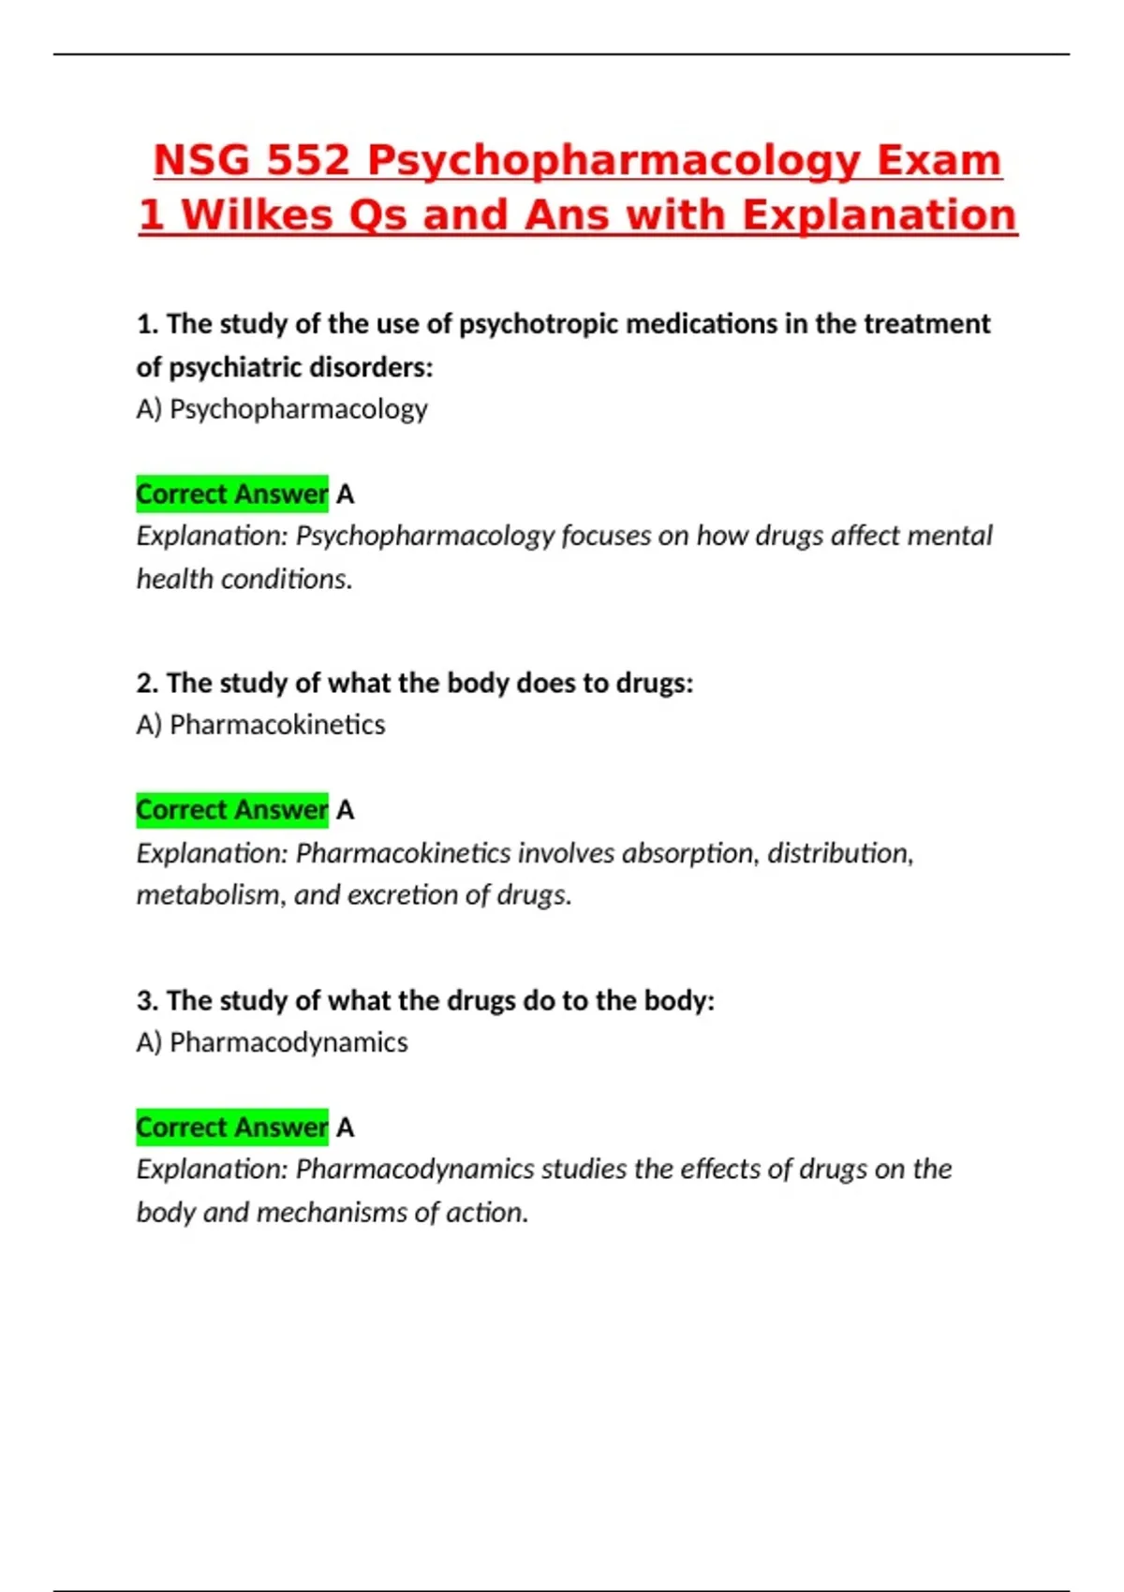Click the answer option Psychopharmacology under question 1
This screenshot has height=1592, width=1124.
[298, 409]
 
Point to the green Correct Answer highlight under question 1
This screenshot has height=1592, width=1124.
[232, 494]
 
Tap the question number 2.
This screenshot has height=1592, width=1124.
[146, 684]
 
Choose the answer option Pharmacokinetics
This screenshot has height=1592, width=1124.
[277, 725]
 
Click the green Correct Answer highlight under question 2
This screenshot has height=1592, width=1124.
[232, 810]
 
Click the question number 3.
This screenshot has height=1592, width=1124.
[146, 1001]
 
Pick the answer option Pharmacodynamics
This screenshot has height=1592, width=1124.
[288, 1042]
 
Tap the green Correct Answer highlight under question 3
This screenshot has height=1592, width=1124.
[232, 1128]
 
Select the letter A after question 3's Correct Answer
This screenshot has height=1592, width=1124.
[346, 1128]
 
